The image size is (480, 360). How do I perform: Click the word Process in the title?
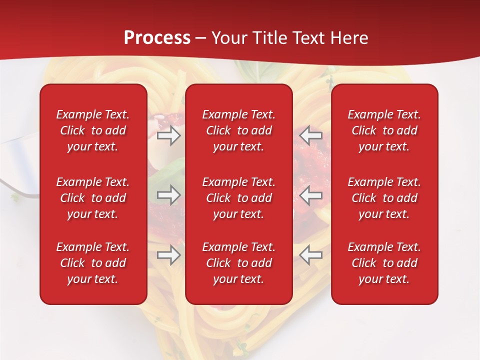[x=157, y=38]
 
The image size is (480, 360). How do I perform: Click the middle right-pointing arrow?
[x=168, y=195]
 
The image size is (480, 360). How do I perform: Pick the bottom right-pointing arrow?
[x=168, y=255]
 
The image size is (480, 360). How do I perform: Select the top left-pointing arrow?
[x=310, y=135]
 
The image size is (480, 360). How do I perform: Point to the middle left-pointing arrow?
[x=310, y=195]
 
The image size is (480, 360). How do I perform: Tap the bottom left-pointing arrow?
[x=310, y=255]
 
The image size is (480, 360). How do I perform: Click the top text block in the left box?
[x=93, y=130]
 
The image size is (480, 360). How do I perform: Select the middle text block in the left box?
[x=93, y=198]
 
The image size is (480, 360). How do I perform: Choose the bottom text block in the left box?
[x=93, y=263]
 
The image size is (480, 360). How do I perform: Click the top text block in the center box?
[x=238, y=130]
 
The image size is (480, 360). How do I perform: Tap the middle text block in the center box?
[x=238, y=198]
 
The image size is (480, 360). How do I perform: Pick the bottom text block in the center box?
[x=238, y=263]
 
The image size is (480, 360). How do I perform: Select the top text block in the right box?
[x=384, y=130]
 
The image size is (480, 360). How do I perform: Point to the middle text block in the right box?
[x=384, y=198]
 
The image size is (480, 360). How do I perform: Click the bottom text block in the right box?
[x=384, y=263]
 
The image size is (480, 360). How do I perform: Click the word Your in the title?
[x=229, y=38]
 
